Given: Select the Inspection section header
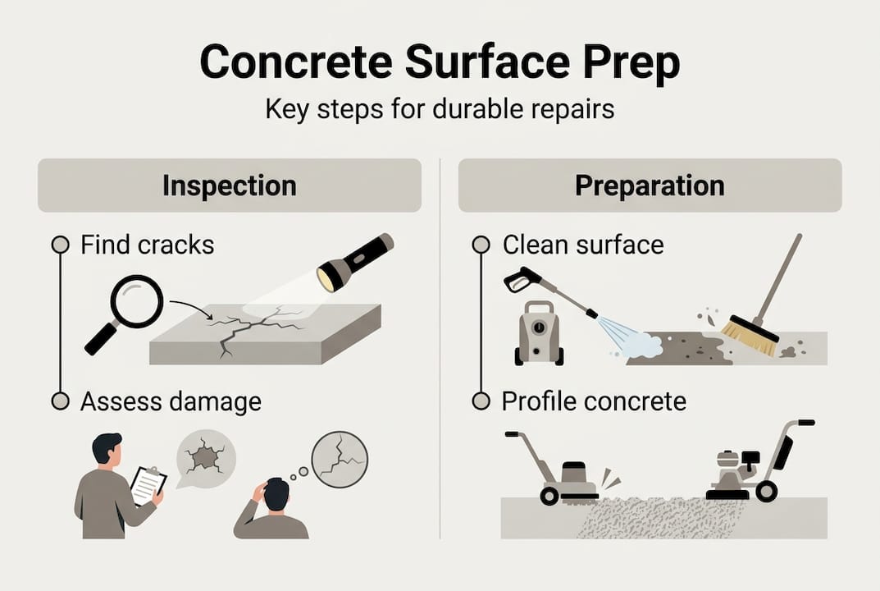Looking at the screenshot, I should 230,186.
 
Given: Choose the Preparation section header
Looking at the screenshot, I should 650,186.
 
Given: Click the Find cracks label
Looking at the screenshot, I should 148,245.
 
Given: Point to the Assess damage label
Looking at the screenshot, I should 171,402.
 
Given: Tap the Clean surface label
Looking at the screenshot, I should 583,245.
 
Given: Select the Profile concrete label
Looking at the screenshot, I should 594,402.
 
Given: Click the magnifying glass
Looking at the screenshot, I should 135,300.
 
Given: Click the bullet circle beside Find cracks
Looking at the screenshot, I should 59,245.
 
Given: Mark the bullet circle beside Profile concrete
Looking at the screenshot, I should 481,402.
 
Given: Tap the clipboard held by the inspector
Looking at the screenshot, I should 148,483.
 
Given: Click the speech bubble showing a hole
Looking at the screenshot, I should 205,456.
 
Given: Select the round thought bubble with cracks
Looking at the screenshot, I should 339,460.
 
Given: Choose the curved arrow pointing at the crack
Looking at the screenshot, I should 189,309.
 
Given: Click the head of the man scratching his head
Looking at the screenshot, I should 277,492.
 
